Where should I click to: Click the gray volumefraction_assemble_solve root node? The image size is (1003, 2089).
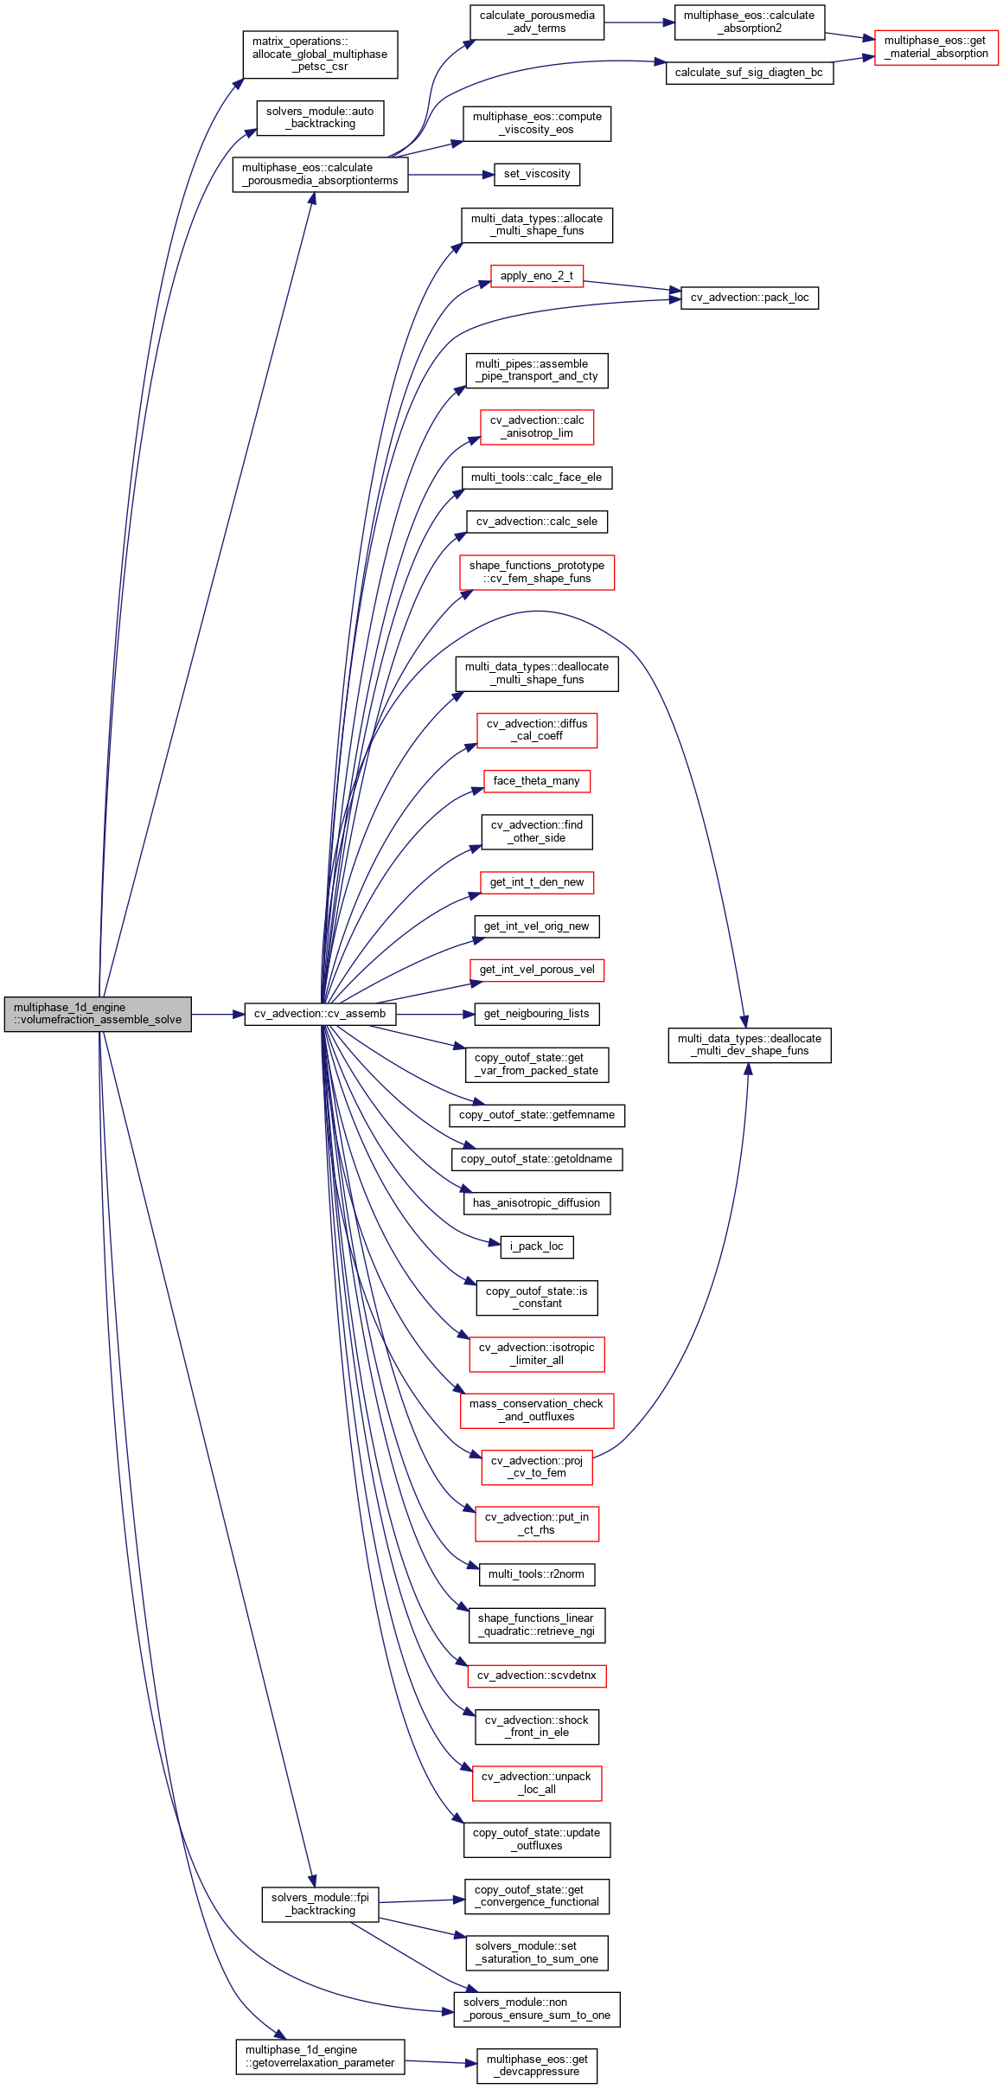pyautogui.click(x=98, y=1014)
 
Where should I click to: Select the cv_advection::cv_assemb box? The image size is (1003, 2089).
pyautogui.click(x=320, y=1014)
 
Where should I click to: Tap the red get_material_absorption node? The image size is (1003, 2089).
pyautogui.click(x=936, y=48)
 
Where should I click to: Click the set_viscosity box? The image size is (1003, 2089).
pyautogui.click(x=536, y=175)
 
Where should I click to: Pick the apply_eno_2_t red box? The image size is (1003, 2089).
pyautogui.click(x=536, y=277)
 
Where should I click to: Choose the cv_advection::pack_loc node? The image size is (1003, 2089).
pyautogui.click(x=749, y=298)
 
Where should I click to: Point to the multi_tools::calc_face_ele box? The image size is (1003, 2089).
pyautogui.click(x=536, y=477)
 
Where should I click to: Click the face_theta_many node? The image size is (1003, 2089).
pyautogui.click(x=536, y=781)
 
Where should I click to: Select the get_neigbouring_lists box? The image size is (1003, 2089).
pyautogui.click(x=536, y=1014)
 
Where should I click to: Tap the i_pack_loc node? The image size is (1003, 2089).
pyautogui.click(x=536, y=1247)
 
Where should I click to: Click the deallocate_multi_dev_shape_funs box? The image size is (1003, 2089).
pyautogui.click(x=749, y=1045)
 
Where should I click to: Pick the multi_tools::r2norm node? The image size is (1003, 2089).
pyautogui.click(x=536, y=1574)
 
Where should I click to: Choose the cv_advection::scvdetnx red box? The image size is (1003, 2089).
pyautogui.click(x=536, y=1676)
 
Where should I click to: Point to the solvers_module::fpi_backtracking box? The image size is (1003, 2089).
pyautogui.click(x=320, y=1905)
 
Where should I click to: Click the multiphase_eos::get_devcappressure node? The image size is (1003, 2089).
pyautogui.click(x=536, y=2066)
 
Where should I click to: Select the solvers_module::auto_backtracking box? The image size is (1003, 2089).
pyautogui.click(x=320, y=118)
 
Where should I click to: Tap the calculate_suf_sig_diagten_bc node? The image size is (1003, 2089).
pyautogui.click(x=749, y=73)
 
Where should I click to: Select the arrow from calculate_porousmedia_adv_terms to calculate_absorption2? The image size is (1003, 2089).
pyautogui.click(x=639, y=22)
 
